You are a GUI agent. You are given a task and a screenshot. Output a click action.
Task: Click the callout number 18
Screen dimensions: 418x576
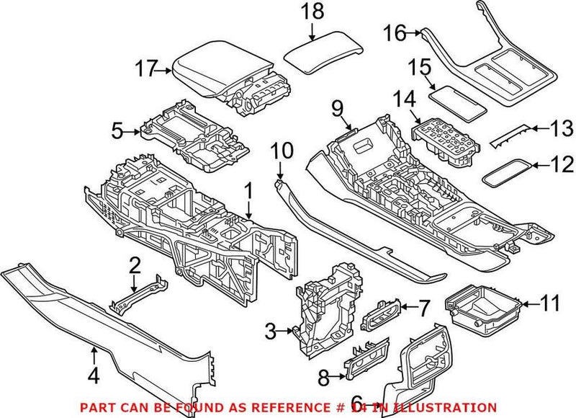[312, 12]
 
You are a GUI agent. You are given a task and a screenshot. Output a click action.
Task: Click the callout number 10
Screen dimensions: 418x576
[281, 151]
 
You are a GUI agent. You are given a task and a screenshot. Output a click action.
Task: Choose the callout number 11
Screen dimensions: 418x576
[549, 304]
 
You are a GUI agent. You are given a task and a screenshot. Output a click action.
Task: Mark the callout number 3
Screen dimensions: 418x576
[271, 332]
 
